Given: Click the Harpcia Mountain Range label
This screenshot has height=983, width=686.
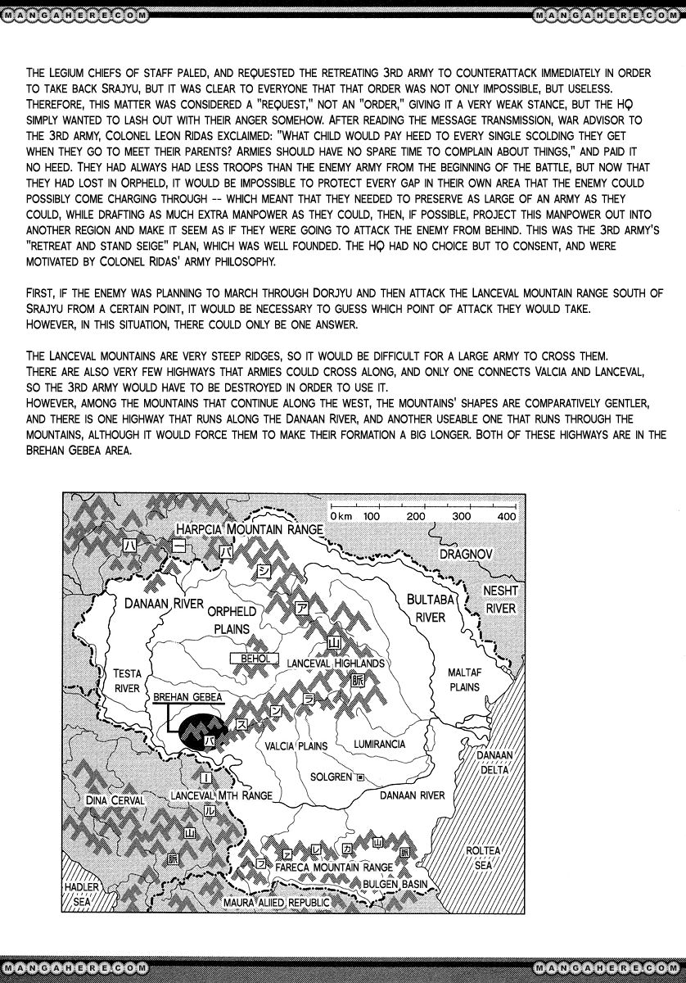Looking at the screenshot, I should pos(250,530).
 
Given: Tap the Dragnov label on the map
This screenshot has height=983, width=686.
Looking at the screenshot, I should pos(465,554).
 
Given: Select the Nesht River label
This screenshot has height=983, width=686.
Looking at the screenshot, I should pos(500,599).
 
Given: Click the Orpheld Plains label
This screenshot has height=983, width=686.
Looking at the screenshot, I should pos(232,620).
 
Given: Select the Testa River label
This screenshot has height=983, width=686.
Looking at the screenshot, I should pos(127,681).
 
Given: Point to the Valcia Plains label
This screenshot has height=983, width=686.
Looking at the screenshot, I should pos(296,746).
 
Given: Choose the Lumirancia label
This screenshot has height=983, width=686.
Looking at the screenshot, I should pos(379,745).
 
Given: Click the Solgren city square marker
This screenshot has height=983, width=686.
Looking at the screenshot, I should pos(359,777).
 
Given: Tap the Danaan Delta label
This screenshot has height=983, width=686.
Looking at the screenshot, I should pos(494,762).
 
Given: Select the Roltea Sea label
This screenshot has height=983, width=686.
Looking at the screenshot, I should pos(483,858).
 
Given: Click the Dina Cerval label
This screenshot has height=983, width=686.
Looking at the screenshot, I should pos(115,800).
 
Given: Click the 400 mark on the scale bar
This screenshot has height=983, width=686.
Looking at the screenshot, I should pos(505,516).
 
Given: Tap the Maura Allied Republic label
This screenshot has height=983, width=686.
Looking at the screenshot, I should pos(276,902).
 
